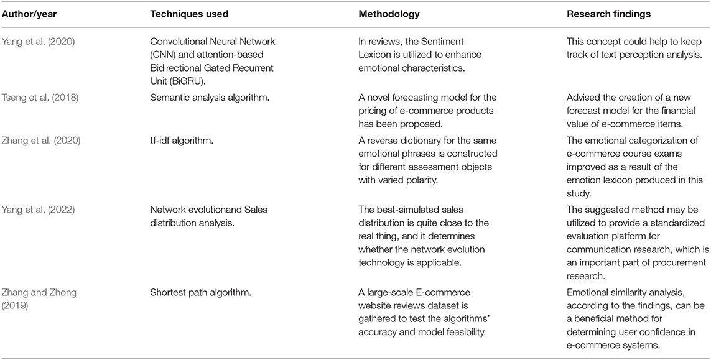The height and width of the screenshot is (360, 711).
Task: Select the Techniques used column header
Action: (x=190, y=14)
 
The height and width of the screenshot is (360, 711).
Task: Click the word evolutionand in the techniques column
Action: (x=211, y=210)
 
